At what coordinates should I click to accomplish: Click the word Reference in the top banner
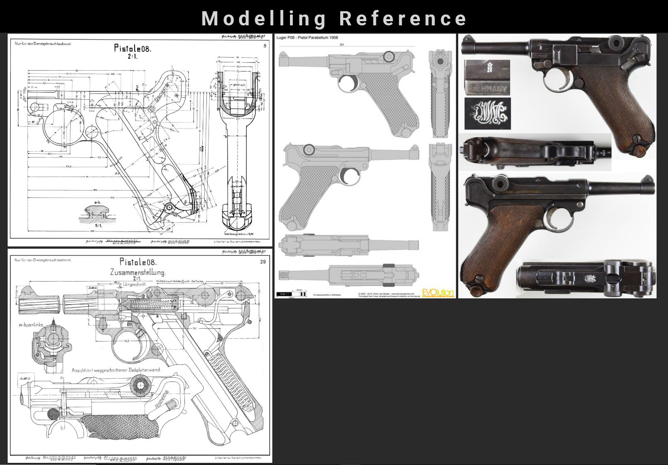coord(403,18)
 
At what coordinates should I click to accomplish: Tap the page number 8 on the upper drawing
coord(265,46)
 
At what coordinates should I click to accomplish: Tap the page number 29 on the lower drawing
coord(263,262)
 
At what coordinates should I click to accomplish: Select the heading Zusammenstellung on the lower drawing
coord(138,273)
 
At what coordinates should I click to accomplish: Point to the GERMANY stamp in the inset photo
coord(487,88)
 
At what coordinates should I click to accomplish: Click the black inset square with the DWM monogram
coord(487,114)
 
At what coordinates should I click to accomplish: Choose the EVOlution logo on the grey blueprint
coord(438,293)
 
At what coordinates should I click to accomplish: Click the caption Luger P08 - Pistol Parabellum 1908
coord(307,38)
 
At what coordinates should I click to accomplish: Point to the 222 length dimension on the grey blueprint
coord(342,44)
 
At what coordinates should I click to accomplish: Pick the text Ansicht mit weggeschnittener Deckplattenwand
coord(116,370)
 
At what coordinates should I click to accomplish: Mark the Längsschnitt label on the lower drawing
coord(134,284)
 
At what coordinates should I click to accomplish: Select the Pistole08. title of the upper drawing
coord(133,48)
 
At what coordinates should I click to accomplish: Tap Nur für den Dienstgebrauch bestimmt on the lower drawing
coord(43,260)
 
